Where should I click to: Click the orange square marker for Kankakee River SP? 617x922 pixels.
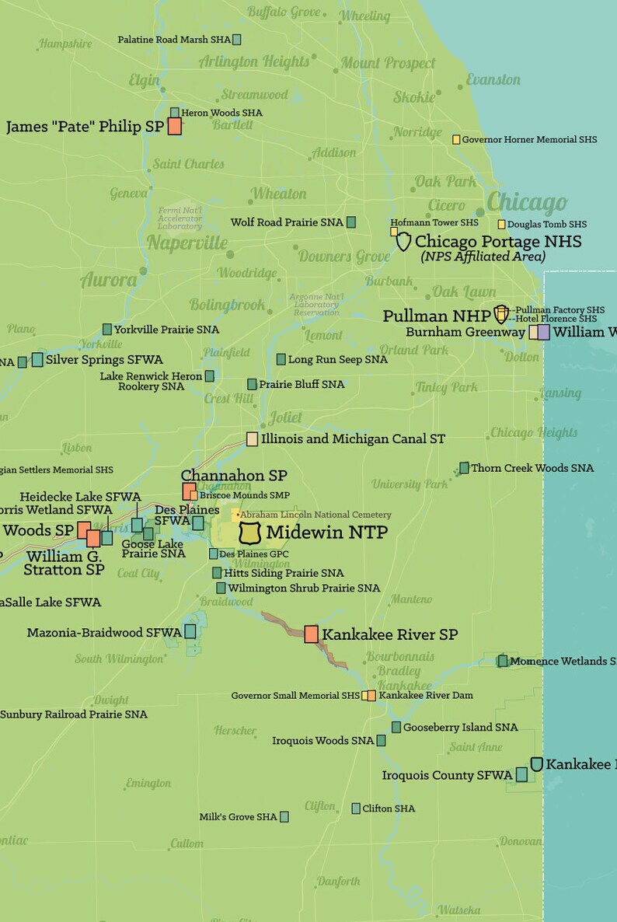pyautogui.click(x=311, y=634)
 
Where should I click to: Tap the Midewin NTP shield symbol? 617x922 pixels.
pyautogui.click(x=250, y=533)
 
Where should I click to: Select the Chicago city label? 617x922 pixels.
pyautogui.click(x=527, y=204)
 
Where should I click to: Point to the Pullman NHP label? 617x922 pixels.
pyautogui.click(x=436, y=316)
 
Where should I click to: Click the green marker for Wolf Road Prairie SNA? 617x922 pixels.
pyautogui.click(x=350, y=222)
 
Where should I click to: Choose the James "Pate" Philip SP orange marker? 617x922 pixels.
pyautogui.click(x=175, y=127)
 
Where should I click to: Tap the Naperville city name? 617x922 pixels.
pyautogui.click(x=187, y=243)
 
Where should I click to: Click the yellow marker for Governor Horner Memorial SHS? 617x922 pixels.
pyautogui.click(x=457, y=140)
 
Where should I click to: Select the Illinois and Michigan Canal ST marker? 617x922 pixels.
pyautogui.click(x=252, y=439)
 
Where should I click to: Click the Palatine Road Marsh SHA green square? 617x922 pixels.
pyautogui.click(x=236, y=39)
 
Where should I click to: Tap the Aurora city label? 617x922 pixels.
pyautogui.click(x=109, y=280)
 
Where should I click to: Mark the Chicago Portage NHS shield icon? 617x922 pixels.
pyautogui.click(x=403, y=242)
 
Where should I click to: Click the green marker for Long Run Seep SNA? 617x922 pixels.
pyautogui.click(x=281, y=359)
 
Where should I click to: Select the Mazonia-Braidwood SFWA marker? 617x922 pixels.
pyautogui.click(x=190, y=631)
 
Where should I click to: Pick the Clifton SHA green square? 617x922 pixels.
pyautogui.click(x=356, y=808)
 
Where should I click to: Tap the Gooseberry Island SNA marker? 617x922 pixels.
pyautogui.click(x=396, y=728)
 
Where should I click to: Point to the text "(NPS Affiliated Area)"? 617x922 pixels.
pyautogui.click(x=483, y=257)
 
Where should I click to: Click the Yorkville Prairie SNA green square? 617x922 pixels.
pyautogui.click(x=107, y=330)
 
